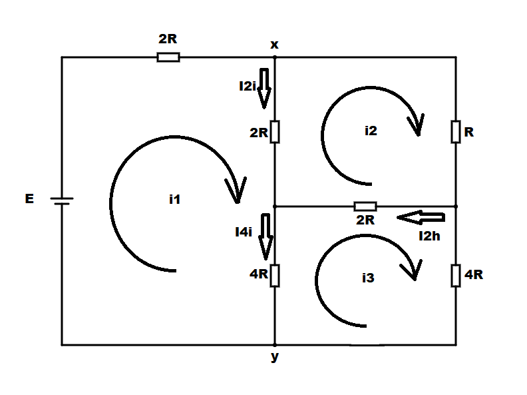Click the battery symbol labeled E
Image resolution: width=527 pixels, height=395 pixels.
coord(62,201)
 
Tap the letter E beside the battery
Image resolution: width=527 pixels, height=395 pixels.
coord(29,198)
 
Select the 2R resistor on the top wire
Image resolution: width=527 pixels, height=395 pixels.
coord(168,57)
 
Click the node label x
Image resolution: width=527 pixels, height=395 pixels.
coord(274,45)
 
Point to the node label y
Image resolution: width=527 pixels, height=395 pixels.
coord(275,356)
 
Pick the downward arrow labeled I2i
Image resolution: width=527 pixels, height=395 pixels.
coord(264,88)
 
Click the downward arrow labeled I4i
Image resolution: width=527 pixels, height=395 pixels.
coord(265,236)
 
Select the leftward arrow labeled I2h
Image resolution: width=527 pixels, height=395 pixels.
coord(421,217)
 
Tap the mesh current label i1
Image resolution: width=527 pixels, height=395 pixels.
coord(174,200)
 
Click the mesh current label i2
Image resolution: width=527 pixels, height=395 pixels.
coord(371,131)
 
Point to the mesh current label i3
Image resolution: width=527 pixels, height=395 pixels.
coord(368,278)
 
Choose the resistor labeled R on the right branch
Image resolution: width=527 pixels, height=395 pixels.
coord(456,132)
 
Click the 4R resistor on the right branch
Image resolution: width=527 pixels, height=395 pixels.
coord(456,276)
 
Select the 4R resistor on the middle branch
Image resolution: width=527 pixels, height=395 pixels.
coord(275,276)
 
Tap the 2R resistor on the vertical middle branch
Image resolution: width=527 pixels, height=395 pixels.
coord(275,132)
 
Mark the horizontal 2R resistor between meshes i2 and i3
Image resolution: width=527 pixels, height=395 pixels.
coord(365,206)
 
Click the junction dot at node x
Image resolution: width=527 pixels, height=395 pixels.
coord(275,57)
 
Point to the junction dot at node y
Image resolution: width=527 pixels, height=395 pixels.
coord(275,345)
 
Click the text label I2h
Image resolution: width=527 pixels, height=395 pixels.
coord(429,236)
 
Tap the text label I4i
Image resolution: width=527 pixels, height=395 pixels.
coord(244,232)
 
